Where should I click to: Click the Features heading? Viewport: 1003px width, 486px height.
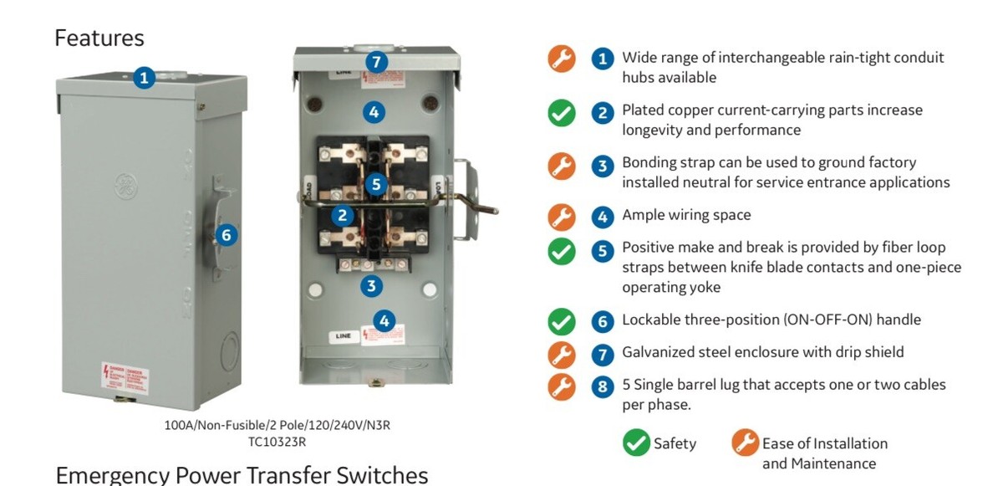99,38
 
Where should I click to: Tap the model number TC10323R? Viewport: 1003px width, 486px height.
277,442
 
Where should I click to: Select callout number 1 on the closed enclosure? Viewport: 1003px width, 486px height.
145,78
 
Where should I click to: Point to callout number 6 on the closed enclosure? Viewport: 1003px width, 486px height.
226,235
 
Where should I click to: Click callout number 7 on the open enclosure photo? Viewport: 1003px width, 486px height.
376,62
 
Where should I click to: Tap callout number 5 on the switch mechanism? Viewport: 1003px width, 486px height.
376,183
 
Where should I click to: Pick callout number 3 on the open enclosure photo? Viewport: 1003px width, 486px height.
371,286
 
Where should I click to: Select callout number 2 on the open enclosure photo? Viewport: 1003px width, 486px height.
342,216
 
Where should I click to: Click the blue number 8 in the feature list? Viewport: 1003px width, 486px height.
602,386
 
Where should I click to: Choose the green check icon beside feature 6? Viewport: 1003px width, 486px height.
561,321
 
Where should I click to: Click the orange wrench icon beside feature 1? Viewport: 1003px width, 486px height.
561,59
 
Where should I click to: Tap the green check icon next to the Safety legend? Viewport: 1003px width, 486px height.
636,443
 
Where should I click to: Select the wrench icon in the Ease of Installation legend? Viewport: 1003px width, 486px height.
745,443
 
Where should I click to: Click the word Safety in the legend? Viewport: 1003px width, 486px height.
675,443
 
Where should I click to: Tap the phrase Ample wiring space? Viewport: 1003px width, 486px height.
686,215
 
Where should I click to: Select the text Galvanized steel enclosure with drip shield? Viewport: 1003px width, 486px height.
762,352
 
